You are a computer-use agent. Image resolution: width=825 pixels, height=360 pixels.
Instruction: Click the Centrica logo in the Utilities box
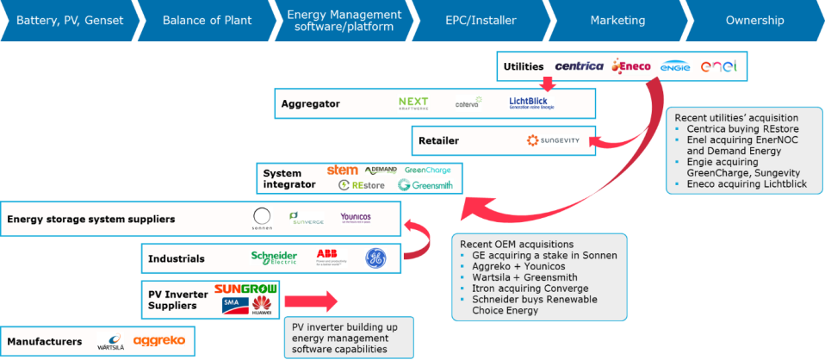coord(579,66)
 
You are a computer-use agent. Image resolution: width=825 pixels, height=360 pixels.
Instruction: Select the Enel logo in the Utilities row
coord(718,66)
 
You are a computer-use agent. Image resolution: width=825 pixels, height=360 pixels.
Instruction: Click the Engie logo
coord(675,66)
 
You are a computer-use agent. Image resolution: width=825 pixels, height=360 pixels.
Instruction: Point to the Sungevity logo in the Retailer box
coord(554,140)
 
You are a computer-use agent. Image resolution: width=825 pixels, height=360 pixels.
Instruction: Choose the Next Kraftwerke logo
coord(413,102)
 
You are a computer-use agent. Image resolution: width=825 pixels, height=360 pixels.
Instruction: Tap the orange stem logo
coord(342,170)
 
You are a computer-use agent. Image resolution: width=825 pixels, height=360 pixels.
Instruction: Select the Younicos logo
coord(355,219)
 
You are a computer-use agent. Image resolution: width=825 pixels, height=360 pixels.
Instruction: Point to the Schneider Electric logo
coord(274,257)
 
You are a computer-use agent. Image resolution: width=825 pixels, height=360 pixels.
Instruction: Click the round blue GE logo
coord(375,257)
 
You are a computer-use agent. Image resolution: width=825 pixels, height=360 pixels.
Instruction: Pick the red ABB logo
coord(326,256)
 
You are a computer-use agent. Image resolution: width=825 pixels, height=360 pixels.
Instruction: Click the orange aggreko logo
coord(159,341)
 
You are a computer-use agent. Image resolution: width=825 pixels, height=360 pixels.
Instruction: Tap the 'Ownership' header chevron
coord(754,21)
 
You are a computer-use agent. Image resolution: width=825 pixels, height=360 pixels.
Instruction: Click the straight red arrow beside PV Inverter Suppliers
coord(311,301)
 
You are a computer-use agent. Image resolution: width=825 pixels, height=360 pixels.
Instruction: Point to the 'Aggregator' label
coord(310,104)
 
